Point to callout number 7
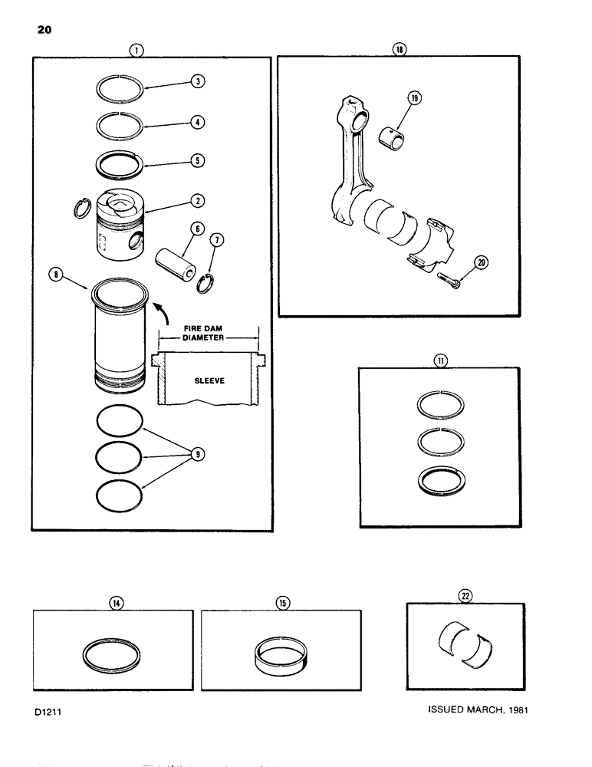coord(219,242)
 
